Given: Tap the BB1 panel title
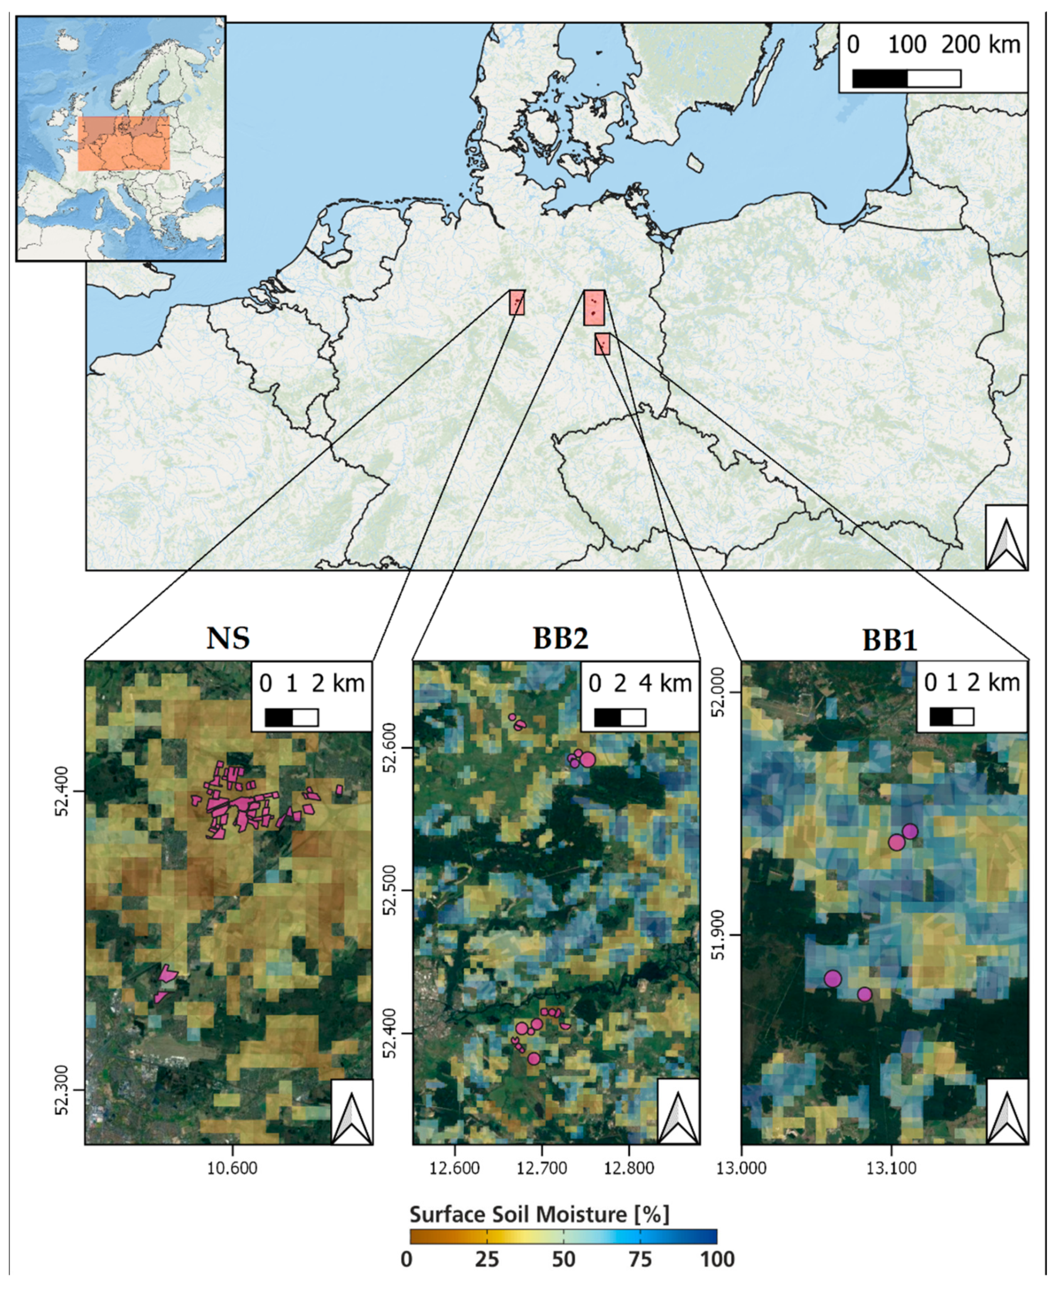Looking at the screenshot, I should tap(890, 640).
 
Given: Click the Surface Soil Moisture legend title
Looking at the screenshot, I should tap(539, 1214).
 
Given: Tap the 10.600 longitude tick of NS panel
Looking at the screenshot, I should tap(232, 1168).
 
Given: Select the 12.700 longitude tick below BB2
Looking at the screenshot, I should tap(541, 1168).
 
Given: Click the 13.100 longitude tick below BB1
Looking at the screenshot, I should tap(892, 1168).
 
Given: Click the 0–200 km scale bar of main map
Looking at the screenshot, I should tap(906, 78).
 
